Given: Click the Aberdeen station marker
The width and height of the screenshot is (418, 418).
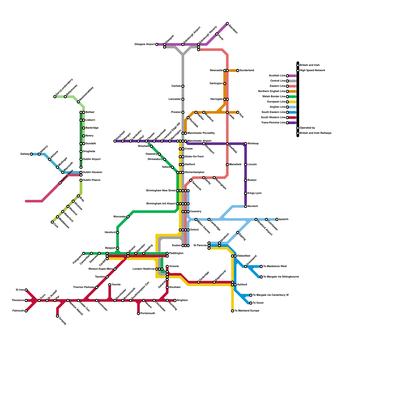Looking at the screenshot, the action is (x=227, y=24).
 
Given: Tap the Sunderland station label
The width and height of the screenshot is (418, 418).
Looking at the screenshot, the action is (x=247, y=71).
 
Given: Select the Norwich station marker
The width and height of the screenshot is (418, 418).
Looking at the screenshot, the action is (x=246, y=206).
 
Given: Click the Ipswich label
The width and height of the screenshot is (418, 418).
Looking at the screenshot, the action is (x=283, y=219).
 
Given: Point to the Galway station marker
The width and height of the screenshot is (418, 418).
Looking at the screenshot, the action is (x=31, y=154).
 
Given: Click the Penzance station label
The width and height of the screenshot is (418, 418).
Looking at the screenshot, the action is (x=18, y=300).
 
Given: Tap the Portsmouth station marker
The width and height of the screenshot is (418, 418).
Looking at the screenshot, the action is (x=138, y=313).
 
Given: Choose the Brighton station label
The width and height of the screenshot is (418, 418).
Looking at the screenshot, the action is (x=182, y=300).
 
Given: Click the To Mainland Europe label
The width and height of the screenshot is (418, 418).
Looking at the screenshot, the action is (x=247, y=311).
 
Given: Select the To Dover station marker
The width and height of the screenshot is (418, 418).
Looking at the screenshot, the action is (x=251, y=303).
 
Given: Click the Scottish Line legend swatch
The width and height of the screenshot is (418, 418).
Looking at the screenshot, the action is (x=293, y=76).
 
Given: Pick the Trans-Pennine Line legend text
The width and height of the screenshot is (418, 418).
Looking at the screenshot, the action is (x=273, y=123).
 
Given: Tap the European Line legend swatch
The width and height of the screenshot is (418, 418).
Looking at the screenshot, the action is (x=293, y=102).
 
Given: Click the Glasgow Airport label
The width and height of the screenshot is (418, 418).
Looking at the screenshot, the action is (x=144, y=44).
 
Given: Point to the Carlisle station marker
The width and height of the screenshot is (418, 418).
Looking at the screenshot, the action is (x=183, y=86).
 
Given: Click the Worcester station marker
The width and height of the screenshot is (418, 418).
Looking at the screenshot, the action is (x=128, y=217).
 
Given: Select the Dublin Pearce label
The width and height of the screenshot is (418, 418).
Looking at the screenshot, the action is (x=91, y=180).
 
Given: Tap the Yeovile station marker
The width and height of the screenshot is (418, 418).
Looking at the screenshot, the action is (x=110, y=285).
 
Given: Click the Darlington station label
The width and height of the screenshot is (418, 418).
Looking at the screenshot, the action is (x=216, y=84).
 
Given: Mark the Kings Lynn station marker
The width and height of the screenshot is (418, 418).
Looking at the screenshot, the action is (x=246, y=193).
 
